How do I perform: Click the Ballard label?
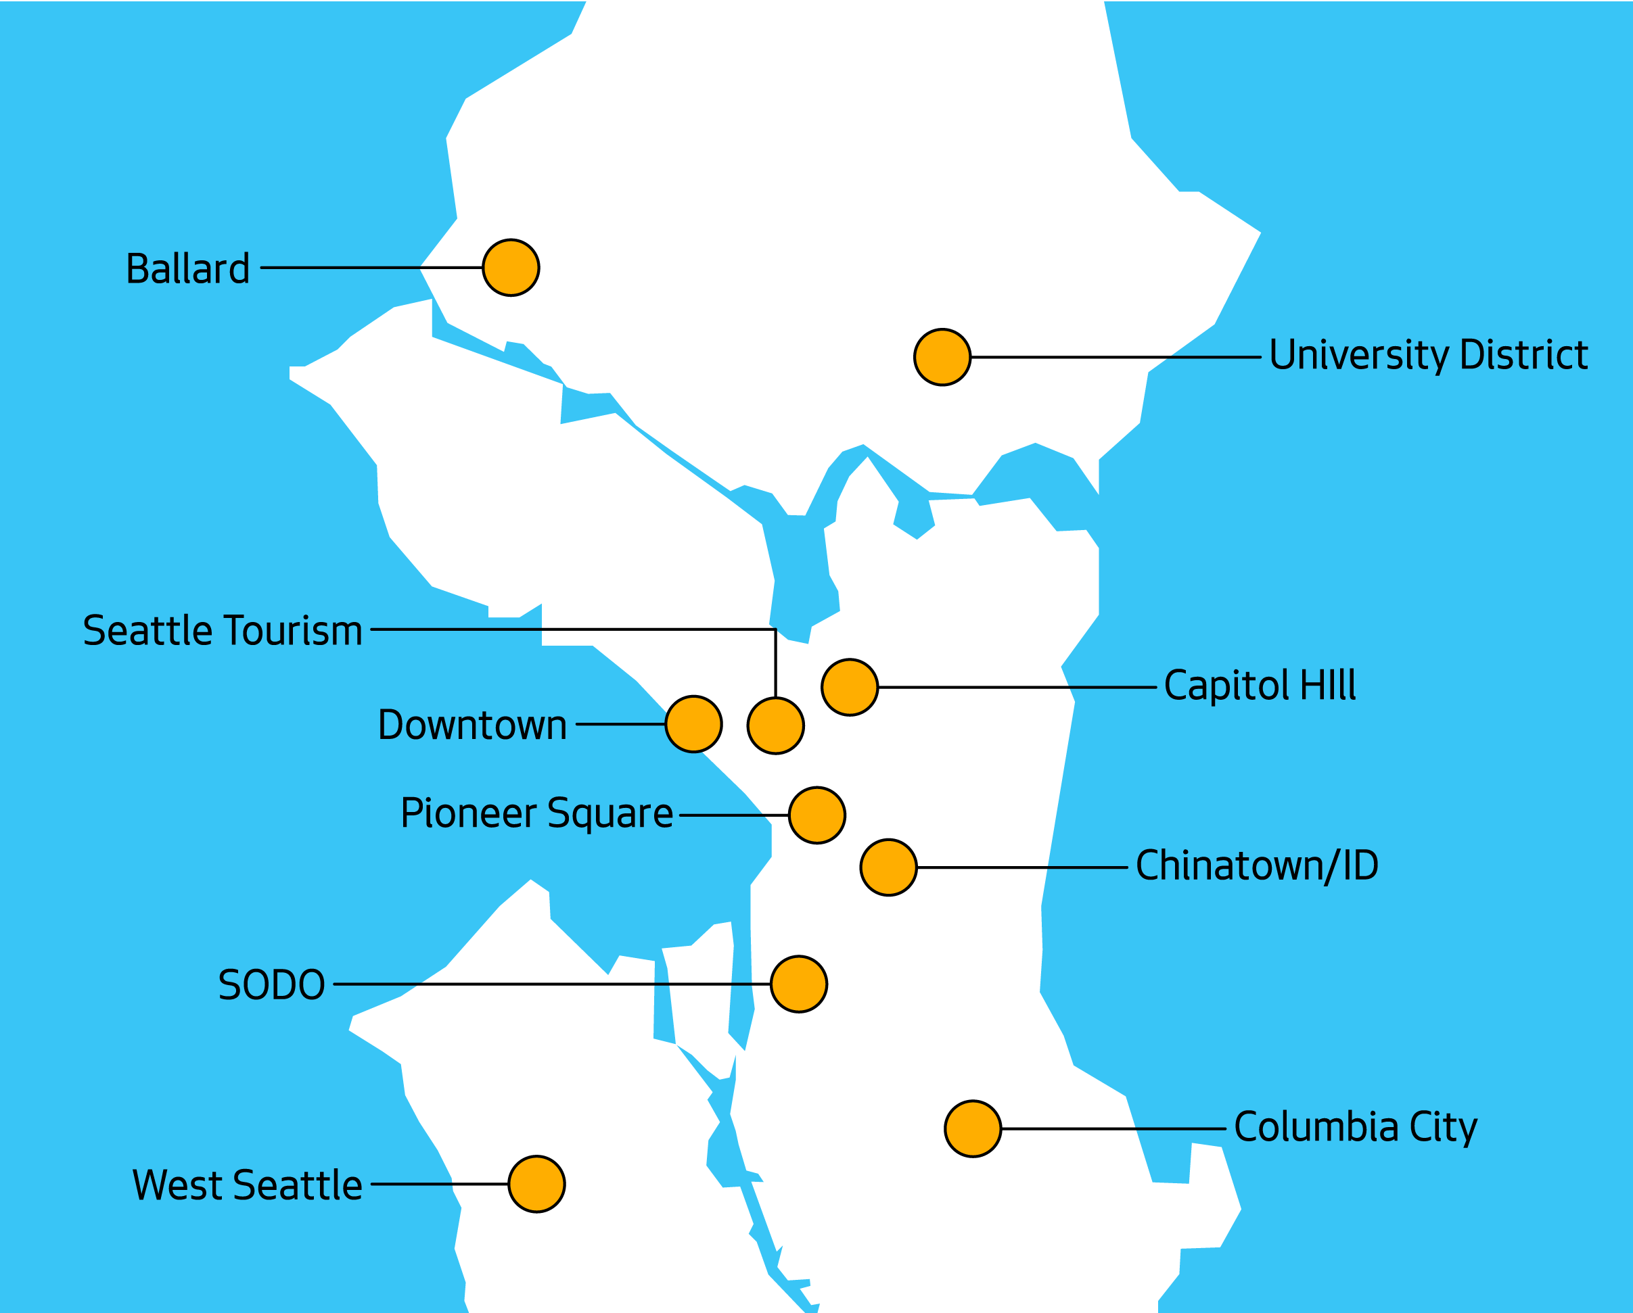pyautogui.click(x=188, y=269)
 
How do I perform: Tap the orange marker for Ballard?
pyautogui.click(x=511, y=267)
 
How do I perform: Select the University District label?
pyautogui.click(x=1429, y=355)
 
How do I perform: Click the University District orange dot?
pyautogui.click(x=942, y=358)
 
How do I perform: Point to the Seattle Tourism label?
pyautogui.click(x=223, y=631)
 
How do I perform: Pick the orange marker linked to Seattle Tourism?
pyautogui.click(x=776, y=725)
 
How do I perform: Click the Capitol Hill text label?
pyautogui.click(x=1260, y=686)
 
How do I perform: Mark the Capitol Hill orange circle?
pyautogui.click(x=850, y=687)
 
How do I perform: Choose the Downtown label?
pyautogui.click(x=473, y=725)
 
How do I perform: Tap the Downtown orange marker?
pyautogui.click(x=694, y=724)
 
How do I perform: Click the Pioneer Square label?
pyautogui.click(x=536, y=813)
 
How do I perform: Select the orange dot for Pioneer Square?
pyautogui.click(x=817, y=815)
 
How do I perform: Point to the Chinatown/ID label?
pyautogui.click(x=1257, y=865)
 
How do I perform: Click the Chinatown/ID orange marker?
pyautogui.click(x=889, y=867)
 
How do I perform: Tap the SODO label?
pyautogui.click(x=271, y=985)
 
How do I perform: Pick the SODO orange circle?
pyautogui.click(x=799, y=984)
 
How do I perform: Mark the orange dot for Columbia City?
pyautogui.click(x=973, y=1129)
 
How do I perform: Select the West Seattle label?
pyautogui.click(x=247, y=1185)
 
